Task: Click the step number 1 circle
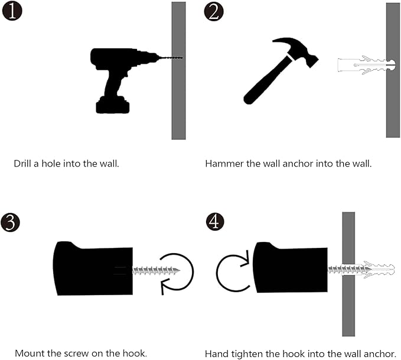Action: point(12,11)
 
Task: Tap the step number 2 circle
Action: point(214,11)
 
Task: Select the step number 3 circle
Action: point(10,222)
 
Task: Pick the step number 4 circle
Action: point(215,221)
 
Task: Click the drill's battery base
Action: point(113,105)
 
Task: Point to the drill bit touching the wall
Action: point(170,58)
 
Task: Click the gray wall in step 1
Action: point(178,70)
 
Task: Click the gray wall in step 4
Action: point(348,274)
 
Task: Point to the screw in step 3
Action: point(157,270)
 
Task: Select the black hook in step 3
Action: point(93,269)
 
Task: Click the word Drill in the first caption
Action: point(22,163)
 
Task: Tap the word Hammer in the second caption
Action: point(224,163)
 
